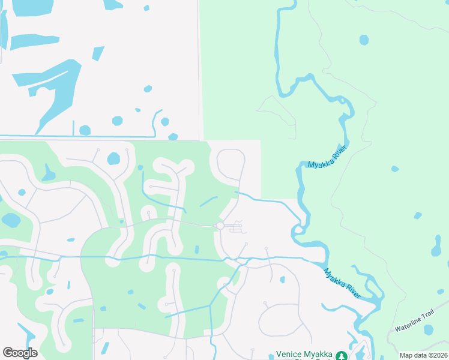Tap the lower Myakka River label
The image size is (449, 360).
343,283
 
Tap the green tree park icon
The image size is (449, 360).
342,356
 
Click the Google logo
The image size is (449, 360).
20,353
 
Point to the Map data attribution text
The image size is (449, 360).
423,355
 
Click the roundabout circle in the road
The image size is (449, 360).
220,226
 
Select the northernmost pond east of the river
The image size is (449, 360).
364,40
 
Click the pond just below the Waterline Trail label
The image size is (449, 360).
428,329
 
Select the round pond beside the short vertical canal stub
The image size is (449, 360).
85,130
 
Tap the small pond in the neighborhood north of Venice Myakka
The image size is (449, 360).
282,279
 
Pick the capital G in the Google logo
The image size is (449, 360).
8,353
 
